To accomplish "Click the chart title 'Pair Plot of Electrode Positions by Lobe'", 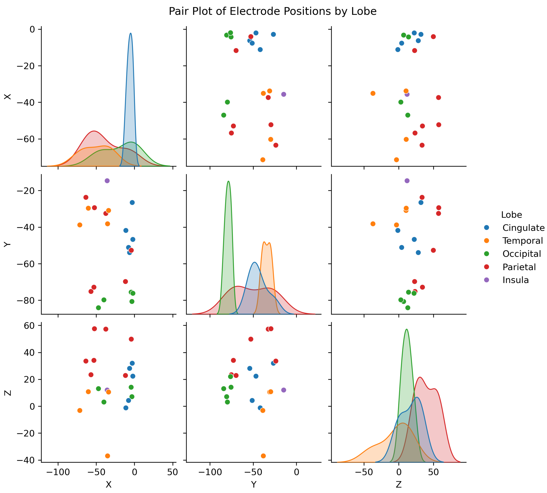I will pos(273,11).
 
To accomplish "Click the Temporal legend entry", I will pos(522,241).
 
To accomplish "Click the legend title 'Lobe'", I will pos(511,215).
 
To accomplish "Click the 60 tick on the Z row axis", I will pos(29,326).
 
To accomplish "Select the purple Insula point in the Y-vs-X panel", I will pos(107,181).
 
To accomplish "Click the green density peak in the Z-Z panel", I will pos(407,329).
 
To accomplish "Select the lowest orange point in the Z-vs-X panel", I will pos(107,456).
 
